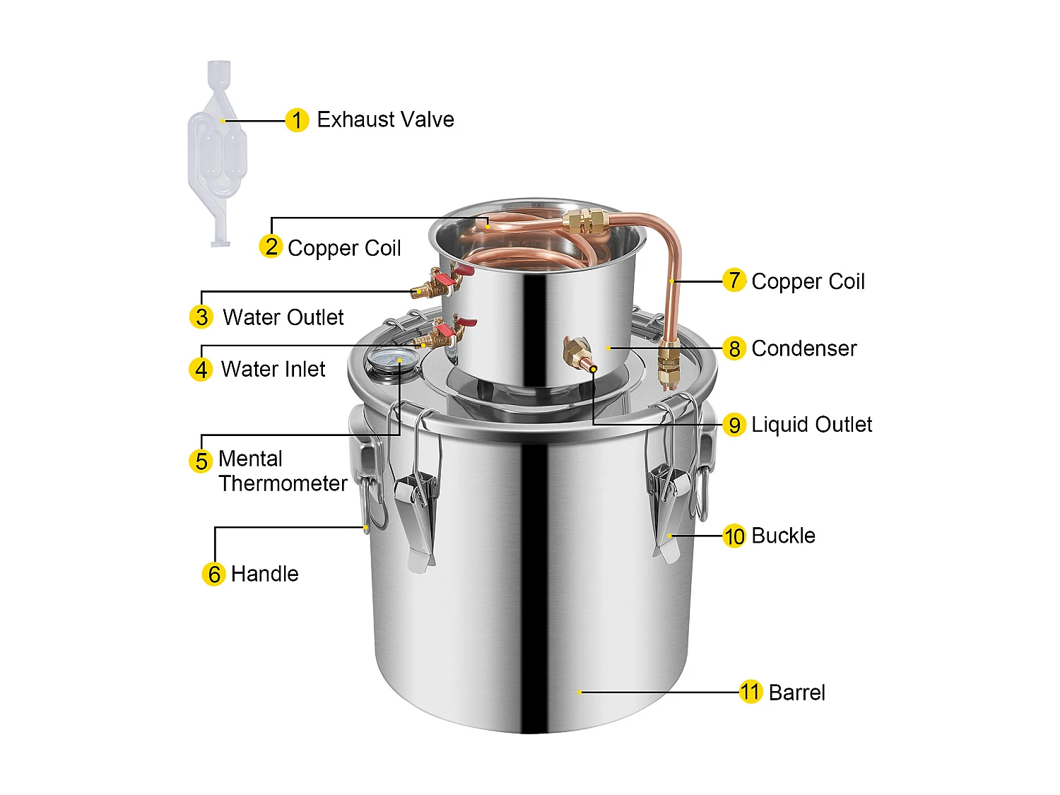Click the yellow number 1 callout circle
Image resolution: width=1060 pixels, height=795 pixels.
click(x=297, y=120)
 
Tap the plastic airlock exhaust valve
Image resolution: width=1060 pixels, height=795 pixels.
click(x=218, y=152)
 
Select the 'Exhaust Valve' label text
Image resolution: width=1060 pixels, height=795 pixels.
click(x=385, y=119)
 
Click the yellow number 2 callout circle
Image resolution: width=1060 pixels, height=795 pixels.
click(x=271, y=247)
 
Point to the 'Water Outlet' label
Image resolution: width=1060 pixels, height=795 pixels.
click(x=283, y=317)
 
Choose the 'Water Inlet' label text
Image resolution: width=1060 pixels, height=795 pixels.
click(x=273, y=369)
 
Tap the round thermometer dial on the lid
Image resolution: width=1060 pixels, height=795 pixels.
click(x=389, y=360)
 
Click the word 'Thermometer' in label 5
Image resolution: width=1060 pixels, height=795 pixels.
click(x=283, y=483)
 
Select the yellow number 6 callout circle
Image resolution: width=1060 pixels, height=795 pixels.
click(x=214, y=574)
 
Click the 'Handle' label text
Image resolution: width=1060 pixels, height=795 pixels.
click(x=264, y=574)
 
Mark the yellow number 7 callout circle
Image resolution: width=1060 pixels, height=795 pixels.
click(x=734, y=281)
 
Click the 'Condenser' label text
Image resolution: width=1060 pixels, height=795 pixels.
click(x=803, y=348)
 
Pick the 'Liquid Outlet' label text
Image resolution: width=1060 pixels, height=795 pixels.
click(x=811, y=425)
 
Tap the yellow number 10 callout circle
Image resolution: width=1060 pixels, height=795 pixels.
click(x=734, y=536)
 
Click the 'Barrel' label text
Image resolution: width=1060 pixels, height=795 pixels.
click(x=796, y=693)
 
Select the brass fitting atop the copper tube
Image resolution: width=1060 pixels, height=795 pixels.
click(x=586, y=222)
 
